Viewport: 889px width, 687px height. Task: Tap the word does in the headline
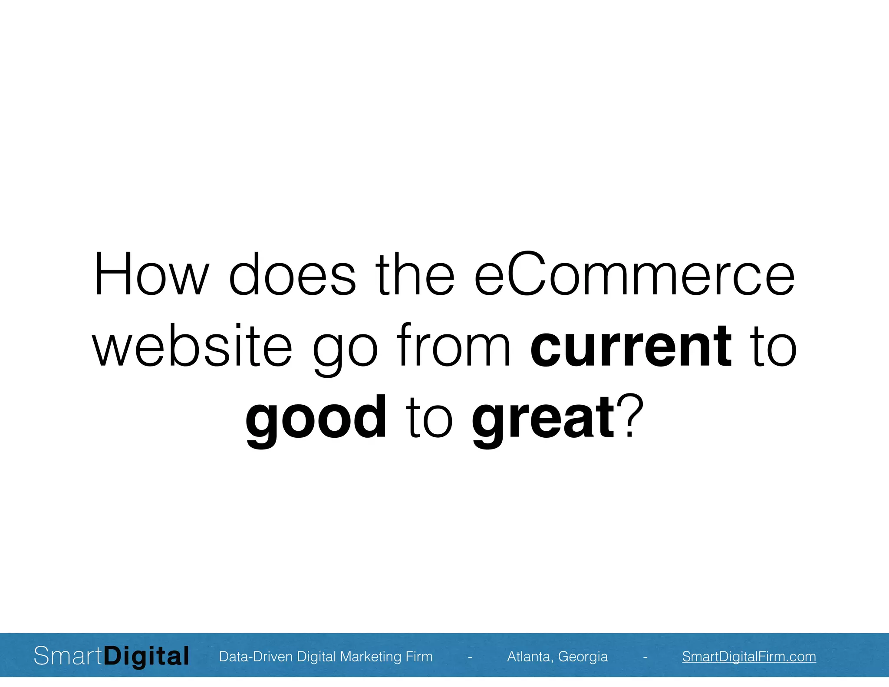click(x=292, y=274)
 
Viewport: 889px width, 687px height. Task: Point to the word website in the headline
click(x=192, y=346)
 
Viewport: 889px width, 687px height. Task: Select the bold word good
click(x=316, y=418)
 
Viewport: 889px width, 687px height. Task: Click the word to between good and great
click(x=429, y=418)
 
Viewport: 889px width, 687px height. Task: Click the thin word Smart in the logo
click(x=68, y=656)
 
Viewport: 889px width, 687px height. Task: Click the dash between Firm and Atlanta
click(x=470, y=657)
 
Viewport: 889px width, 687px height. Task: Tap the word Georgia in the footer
click(x=583, y=657)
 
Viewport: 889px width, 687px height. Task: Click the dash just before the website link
click(x=645, y=657)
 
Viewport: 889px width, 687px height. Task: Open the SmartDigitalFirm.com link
click(x=749, y=656)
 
